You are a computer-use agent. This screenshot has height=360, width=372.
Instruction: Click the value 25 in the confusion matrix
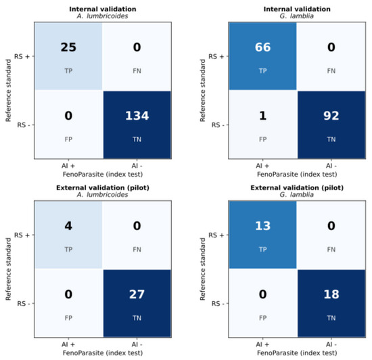68,47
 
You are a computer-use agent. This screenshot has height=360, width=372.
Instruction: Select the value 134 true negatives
137,116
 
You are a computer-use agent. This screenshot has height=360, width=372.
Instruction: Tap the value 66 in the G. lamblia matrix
262,47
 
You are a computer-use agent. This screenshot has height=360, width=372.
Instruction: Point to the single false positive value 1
262,116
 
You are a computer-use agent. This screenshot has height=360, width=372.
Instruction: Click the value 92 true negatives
331,116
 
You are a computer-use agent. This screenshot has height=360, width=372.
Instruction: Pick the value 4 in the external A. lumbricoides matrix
68,226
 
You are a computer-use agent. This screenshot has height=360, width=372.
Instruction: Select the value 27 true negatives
137,294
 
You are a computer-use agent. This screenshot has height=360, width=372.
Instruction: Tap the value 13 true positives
262,226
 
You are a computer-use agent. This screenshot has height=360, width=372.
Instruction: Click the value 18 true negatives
331,294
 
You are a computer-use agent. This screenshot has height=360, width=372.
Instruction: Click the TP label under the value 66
262,71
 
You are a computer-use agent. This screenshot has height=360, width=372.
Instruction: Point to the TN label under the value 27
137,318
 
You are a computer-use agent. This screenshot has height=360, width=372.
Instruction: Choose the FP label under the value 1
262,139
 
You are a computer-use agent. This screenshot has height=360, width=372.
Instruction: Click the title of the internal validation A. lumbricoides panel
103,9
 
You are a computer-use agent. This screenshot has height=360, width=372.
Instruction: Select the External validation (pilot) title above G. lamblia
297,187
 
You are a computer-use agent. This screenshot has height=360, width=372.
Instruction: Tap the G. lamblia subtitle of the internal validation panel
296,16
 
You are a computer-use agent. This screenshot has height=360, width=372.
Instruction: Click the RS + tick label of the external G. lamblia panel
216,235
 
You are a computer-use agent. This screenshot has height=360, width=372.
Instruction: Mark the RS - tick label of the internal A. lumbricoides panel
24,125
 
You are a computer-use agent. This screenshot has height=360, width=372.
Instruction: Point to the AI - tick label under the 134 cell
137,166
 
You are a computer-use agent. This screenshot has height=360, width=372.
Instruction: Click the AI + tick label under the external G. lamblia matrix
262,344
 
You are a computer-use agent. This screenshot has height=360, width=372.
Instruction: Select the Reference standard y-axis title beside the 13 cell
202,269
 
